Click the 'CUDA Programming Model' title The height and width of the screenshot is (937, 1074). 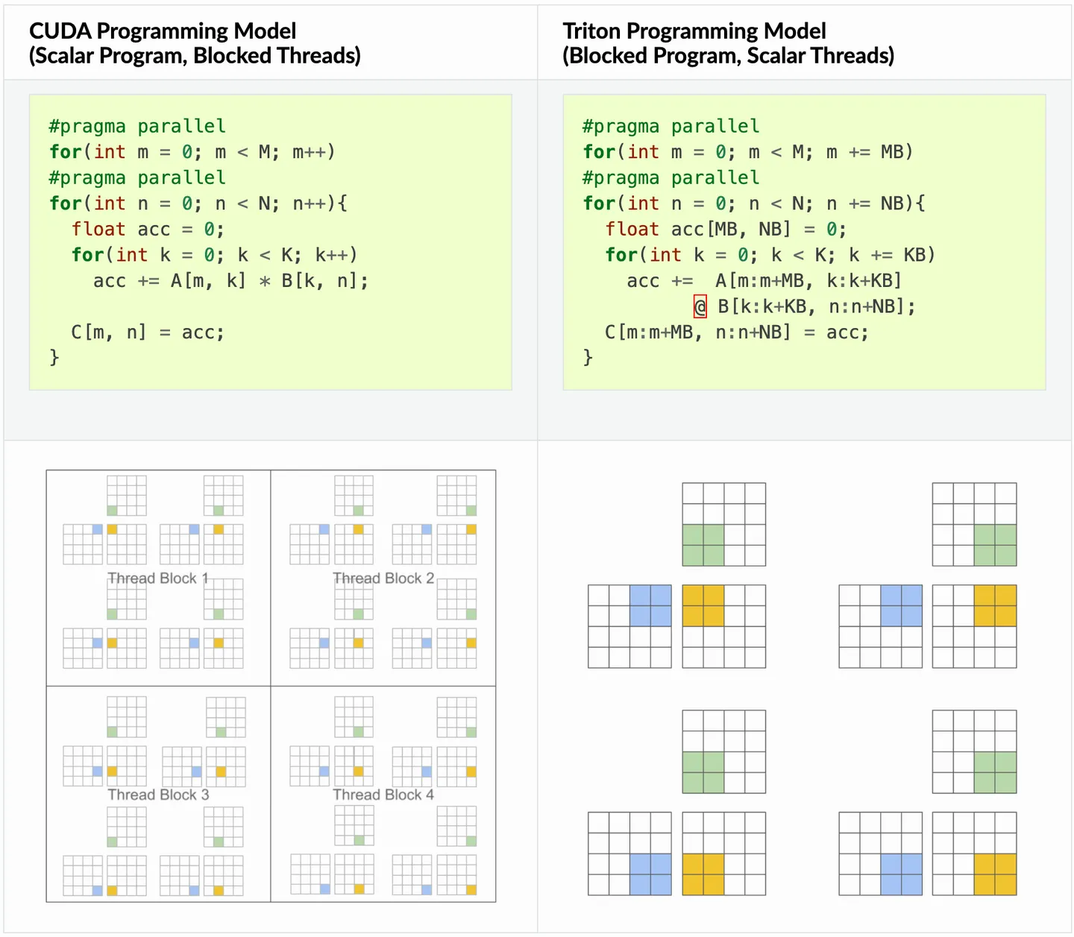tap(163, 31)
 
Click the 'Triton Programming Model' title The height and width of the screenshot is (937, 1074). tap(694, 31)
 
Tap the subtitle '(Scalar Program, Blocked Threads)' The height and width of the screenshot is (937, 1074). tap(195, 56)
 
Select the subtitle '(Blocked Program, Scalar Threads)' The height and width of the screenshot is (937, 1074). tap(728, 56)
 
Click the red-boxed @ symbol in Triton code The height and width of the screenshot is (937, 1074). tap(700, 306)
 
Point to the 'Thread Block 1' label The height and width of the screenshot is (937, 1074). tap(158, 578)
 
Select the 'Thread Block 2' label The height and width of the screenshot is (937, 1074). tap(383, 578)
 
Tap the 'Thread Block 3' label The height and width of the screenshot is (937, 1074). tap(158, 795)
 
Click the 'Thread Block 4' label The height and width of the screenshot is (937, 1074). tap(383, 795)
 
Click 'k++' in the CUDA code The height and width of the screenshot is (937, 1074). tap(331, 255)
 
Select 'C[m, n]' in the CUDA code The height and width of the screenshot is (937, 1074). tap(109, 332)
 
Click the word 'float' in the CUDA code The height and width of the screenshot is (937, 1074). tap(98, 230)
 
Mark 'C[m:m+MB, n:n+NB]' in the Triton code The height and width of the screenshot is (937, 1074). tap(697, 332)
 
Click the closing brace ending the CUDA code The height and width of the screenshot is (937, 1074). tap(54, 358)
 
